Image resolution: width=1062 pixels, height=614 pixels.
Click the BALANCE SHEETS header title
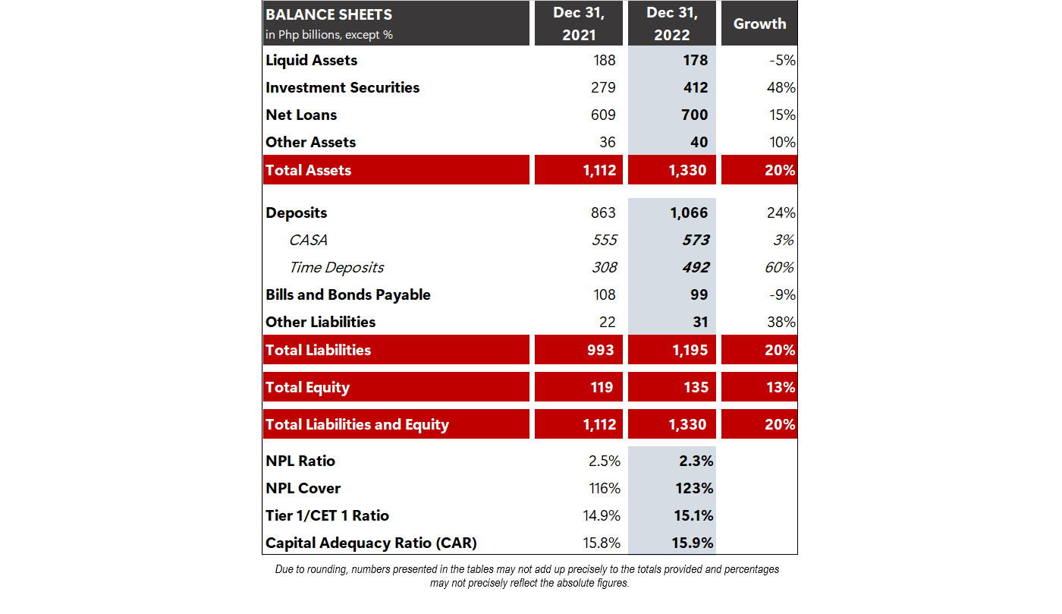click(328, 14)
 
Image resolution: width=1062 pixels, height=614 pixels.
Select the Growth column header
click(759, 24)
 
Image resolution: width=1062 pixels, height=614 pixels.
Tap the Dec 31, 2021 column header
click(578, 24)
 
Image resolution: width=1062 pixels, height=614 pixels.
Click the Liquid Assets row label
click(311, 60)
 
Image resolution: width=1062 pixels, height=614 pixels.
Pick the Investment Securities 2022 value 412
click(696, 87)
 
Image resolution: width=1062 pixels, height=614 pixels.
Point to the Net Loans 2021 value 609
click(603, 115)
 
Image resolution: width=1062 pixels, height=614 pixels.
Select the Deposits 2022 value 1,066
click(689, 213)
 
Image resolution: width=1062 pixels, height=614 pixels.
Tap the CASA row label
click(308, 240)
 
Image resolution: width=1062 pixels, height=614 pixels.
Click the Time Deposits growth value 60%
click(779, 268)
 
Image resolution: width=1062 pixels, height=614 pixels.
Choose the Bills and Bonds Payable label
click(348, 294)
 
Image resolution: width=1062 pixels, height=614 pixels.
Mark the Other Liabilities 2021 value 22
click(608, 323)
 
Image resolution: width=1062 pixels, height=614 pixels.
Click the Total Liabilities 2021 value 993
click(600, 350)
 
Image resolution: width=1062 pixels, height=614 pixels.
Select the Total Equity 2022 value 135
click(696, 387)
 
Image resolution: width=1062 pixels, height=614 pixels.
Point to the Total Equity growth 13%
click(781, 387)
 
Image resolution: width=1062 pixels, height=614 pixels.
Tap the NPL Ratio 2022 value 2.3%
click(696, 461)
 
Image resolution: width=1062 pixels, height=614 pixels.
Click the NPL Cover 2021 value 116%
click(605, 488)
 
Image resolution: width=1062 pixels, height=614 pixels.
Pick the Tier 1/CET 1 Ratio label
click(327, 516)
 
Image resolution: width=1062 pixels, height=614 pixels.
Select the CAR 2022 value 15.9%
click(692, 543)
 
